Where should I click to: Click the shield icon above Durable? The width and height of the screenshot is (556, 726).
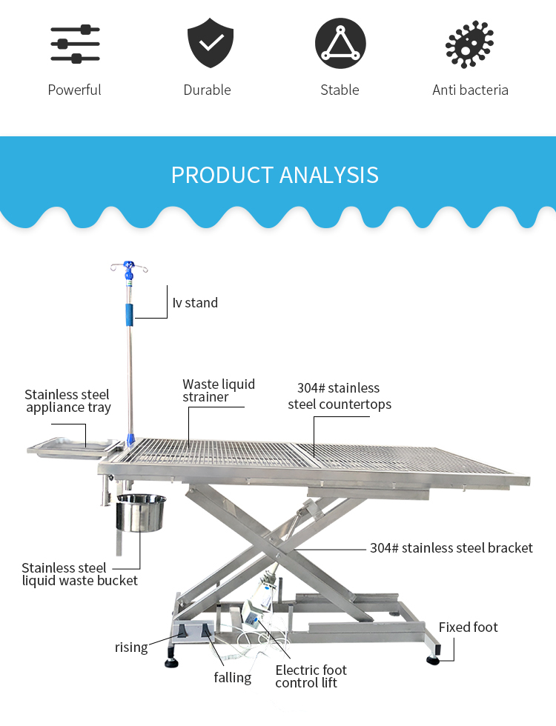211,43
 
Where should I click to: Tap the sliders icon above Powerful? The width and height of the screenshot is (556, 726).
75,44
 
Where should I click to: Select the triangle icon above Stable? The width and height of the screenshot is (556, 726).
340,43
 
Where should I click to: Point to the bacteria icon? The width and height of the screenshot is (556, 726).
469,44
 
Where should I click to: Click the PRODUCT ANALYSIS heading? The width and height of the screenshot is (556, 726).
275,175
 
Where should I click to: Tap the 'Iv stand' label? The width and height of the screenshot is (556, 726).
195,302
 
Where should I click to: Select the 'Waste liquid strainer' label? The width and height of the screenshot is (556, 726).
219,390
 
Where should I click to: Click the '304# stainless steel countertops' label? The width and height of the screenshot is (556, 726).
340,396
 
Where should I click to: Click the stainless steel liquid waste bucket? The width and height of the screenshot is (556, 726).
141,513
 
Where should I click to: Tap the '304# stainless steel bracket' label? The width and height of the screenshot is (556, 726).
451,548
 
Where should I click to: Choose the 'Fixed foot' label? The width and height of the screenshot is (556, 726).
468,627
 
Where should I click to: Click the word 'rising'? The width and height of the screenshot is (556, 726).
131,647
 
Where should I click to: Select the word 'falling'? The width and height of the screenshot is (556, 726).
233,677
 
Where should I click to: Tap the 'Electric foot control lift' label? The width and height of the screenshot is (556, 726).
311,676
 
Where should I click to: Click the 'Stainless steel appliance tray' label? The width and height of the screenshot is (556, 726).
67,401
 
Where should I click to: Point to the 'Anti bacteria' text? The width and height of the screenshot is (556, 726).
470,90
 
